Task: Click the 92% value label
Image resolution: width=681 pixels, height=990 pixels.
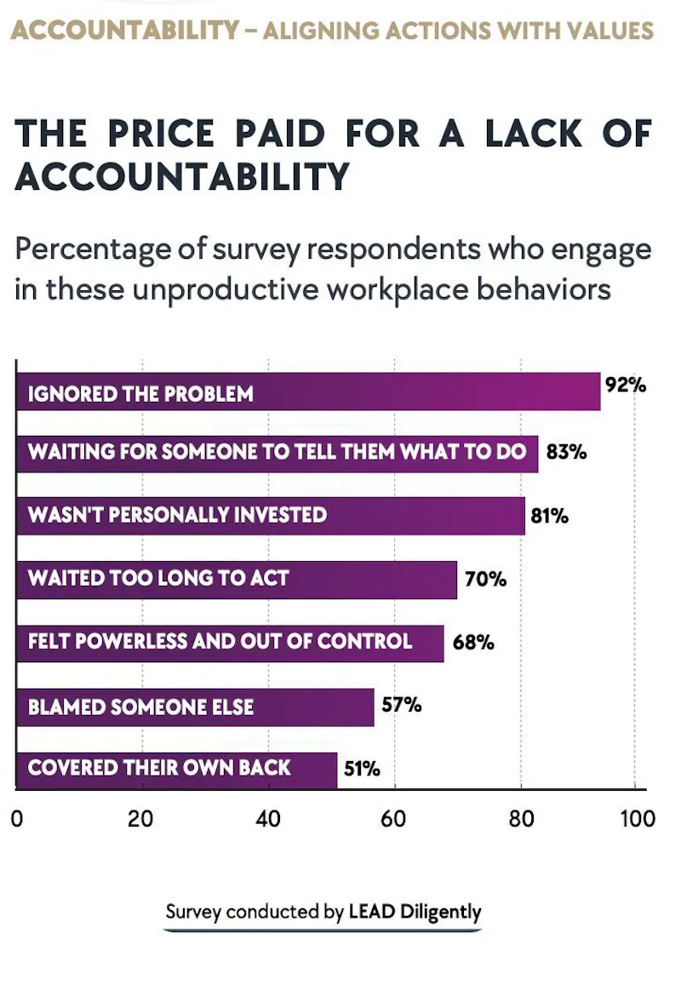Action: (626, 385)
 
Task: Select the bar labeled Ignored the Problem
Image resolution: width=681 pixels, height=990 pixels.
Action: (308, 392)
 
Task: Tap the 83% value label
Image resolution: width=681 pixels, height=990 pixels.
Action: (566, 452)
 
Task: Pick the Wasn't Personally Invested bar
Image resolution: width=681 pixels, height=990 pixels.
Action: (271, 516)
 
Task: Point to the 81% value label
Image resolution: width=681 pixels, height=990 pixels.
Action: (549, 516)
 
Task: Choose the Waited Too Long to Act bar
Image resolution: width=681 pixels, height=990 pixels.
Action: (237, 580)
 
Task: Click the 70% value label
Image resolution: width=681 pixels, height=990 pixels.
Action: (485, 579)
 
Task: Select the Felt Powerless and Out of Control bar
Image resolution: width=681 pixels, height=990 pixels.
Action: (230, 644)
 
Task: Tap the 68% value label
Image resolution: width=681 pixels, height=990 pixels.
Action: (473, 642)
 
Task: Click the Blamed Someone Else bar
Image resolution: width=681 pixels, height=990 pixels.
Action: (195, 707)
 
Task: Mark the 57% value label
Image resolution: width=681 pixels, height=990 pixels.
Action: (402, 704)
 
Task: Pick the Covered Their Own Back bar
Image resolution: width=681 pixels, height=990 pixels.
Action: (177, 770)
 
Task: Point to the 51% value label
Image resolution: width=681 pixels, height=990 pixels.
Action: (362, 769)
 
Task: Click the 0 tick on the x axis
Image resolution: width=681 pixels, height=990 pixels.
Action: (17, 819)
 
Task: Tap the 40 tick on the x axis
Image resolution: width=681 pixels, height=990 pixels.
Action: (267, 819)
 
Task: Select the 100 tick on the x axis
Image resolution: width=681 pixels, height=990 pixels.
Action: (638, 819)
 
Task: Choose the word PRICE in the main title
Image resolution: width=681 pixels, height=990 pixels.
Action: (161, 134)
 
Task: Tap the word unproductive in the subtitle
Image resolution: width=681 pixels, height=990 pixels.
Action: (226, 289)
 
